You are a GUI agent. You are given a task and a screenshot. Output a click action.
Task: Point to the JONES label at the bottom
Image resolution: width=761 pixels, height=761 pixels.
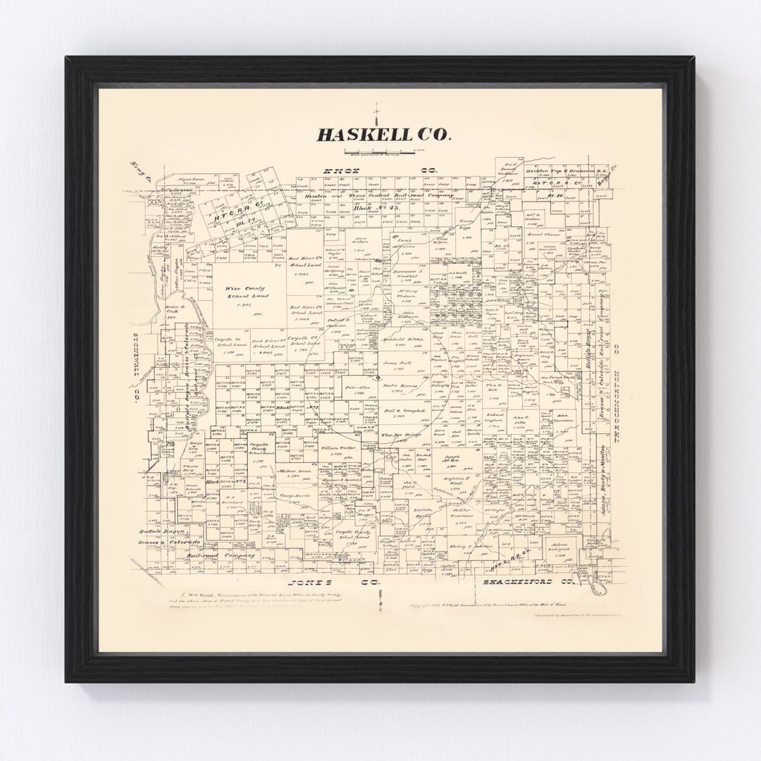click(x=313, y=583)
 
